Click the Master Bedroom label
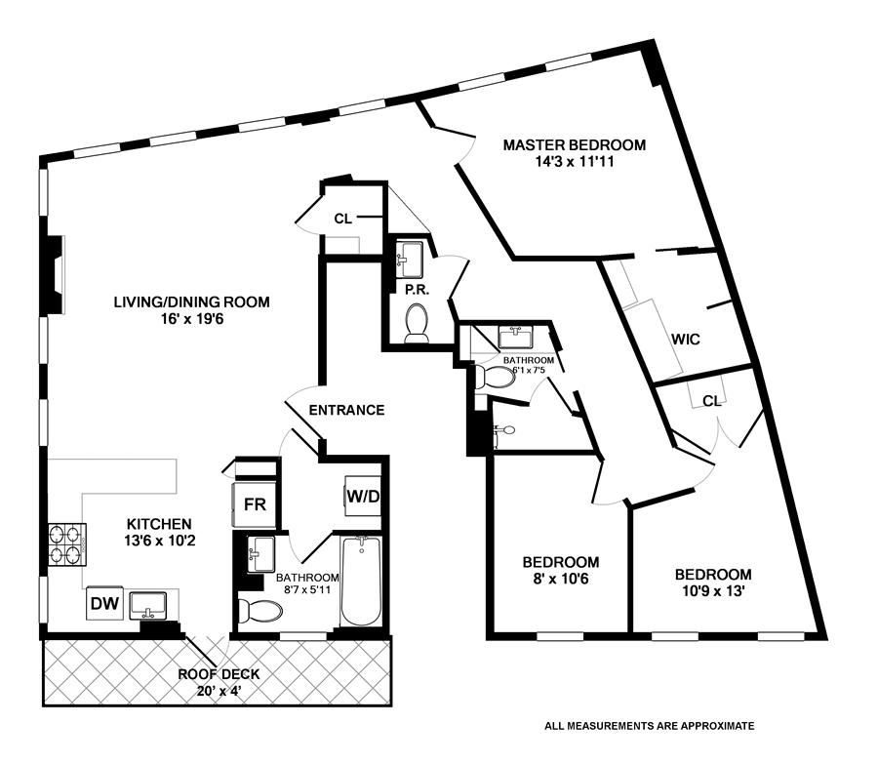pos(574,145)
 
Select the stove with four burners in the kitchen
pos(67,545)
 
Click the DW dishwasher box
pos(104,604)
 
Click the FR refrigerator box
pos(255,504)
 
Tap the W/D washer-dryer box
pos(362,496)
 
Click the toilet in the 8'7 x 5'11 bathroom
pos(260,611)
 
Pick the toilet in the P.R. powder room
pos(417,321)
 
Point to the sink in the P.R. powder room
pos(409,258)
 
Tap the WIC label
pos(685,340)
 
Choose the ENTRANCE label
pos(346,410)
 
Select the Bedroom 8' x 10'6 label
pos(560,563)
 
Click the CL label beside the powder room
pos(342,219)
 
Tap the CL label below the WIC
pos(711,400)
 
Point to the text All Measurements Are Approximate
pos(650,726)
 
